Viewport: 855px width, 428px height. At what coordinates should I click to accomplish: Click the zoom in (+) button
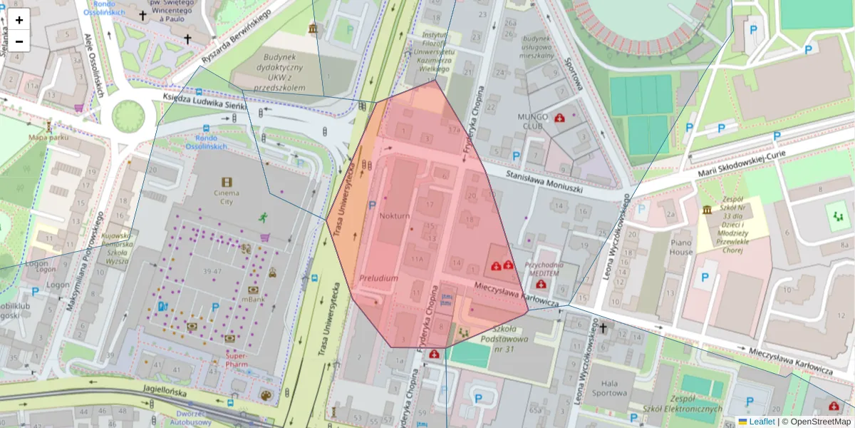click(x=19, y=20)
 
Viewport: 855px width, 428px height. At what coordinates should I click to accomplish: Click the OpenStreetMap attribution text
click(x=816, y=422)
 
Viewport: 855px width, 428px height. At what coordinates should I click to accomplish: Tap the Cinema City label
click(x=227, y=198)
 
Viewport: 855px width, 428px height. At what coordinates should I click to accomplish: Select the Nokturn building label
click(x=394, y=215)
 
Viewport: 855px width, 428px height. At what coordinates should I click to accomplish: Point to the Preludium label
click(x=378, y=278)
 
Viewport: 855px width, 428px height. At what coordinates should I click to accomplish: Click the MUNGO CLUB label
click(x=534, y=121)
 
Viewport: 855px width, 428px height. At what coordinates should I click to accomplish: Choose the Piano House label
click(x=681, y=247)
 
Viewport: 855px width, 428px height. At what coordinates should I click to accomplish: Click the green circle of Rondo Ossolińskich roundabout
click(x=128, y=115)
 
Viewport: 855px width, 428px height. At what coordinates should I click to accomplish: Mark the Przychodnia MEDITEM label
click(x=544, y=267)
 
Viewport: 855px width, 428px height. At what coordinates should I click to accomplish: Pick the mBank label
click(x=252, y=300)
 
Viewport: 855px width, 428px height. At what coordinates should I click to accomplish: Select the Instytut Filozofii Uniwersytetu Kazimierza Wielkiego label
click(x=437, y=52)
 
